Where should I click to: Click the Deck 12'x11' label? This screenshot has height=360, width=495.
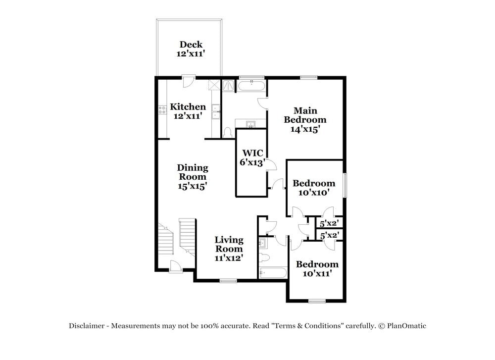tap(191, 49)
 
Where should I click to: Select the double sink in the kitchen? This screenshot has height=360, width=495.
tap(216, 112)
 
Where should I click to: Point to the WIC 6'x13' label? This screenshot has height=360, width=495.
tap(252, 157)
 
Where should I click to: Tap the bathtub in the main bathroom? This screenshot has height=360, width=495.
tap(251, 86)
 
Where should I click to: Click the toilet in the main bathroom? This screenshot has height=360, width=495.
tap(228, 132)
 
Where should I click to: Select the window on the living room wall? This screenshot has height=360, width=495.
tap(228, 281)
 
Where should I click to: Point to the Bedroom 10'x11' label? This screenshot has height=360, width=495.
tap(317, 268)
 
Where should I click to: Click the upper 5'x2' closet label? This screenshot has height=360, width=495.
tap(329, 223)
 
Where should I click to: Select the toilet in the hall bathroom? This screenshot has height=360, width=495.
tap(264, 257)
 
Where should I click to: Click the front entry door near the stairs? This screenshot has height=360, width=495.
tap(176, 267)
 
